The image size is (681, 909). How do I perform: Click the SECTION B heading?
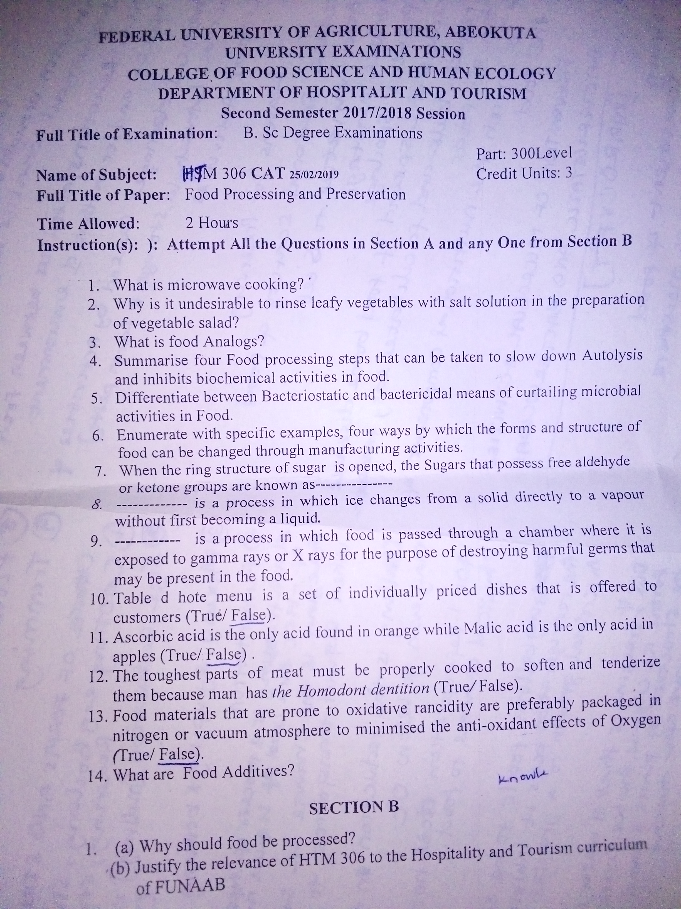[x=354, y=808]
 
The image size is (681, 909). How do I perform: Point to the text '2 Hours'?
[x=211, y=223]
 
